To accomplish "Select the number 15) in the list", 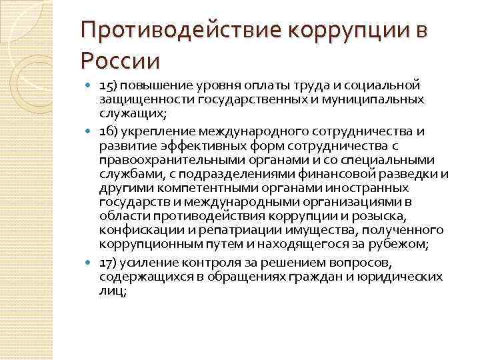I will pyautogui.click(x=108, y=86).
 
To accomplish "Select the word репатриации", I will pyautogui.click(x=213, y=230).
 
